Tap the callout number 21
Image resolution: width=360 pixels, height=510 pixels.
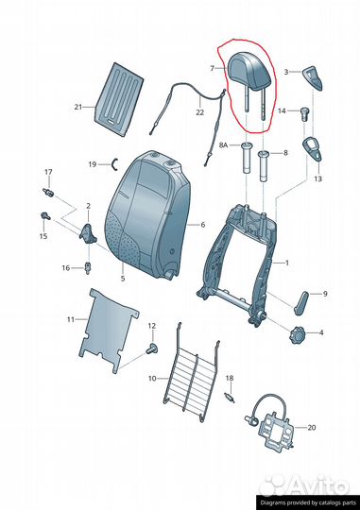[x=78, y=107]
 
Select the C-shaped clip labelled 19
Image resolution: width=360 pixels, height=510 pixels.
[x=115, y=164]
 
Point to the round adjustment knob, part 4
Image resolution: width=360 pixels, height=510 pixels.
[x=297, y=334]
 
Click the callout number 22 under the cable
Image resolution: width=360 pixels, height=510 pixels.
[x=200, y=112]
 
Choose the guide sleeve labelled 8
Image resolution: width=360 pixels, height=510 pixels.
[x=264, y=166]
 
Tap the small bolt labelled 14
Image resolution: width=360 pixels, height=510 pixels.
[x=304, y=113]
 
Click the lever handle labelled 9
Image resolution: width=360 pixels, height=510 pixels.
[x=301, y=303]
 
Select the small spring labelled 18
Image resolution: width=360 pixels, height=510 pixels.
[x=230, y=399]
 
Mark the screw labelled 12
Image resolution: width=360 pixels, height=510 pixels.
[x=151, y=348]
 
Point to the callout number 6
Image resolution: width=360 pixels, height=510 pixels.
[x=203, y=225]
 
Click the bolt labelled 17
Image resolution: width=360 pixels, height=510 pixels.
[x=48, y=192]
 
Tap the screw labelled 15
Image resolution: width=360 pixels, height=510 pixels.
[x=44, y=216]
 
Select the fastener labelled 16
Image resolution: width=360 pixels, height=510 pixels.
[x=87, y=268]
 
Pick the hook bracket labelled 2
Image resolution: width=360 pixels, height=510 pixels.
[x=88, y=233]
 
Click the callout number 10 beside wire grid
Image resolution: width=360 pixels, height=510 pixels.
[x=152, y=379]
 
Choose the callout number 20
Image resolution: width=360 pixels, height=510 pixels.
[x=312, y=427]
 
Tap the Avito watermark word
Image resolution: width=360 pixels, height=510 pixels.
[x=317, y=486]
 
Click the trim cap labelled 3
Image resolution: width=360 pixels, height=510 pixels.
[x=313, y=77]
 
